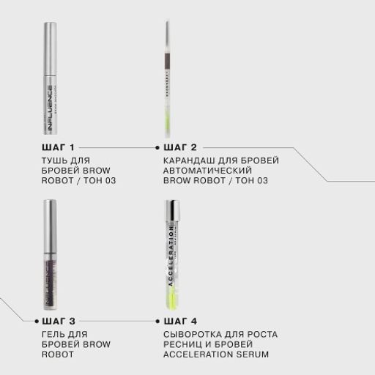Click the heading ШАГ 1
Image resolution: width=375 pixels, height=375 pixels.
[62, 147]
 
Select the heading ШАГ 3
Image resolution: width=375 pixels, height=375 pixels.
[62, 321]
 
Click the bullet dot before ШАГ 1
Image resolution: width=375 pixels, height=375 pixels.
[37, 147]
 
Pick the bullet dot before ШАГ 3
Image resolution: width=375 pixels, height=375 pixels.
[37, 321]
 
